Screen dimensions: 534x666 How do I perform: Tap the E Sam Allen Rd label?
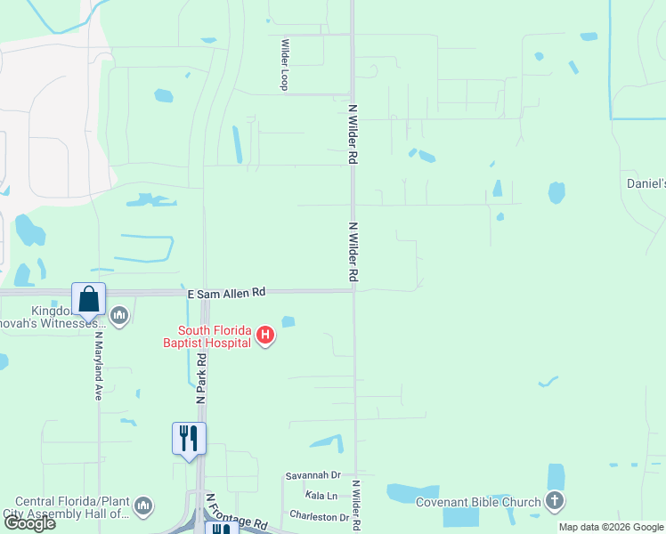coord(226,292)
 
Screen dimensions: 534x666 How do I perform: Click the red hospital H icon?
coord(264,336)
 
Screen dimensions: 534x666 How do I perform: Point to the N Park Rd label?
coord(202,379)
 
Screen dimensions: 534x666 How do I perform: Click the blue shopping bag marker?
coord(89,300)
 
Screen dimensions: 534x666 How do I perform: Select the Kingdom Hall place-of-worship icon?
coord(119,315)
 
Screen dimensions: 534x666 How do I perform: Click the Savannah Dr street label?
coord(313,476)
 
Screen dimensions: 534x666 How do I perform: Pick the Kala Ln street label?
coord(321,495)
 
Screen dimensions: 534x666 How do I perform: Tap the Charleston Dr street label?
coord(319,516)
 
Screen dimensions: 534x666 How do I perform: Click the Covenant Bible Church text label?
coord(478,502)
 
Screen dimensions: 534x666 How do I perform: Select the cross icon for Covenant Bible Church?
coord(555,500)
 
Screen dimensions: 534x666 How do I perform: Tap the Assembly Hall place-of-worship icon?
coord(143,506)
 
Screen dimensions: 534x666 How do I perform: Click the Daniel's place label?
coord(646,183)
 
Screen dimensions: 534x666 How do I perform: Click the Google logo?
coord(28,523)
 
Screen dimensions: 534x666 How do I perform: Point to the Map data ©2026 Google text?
coord(610,527)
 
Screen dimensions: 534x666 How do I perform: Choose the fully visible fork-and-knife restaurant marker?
coord(188,439)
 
